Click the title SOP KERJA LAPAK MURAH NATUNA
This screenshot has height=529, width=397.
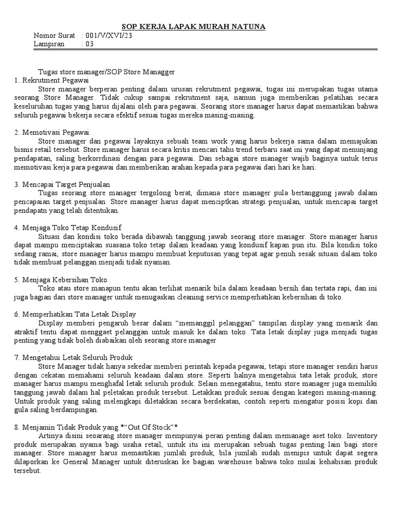193,26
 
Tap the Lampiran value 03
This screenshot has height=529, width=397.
89,44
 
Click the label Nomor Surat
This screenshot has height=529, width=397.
54,36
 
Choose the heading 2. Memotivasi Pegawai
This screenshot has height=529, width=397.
52,133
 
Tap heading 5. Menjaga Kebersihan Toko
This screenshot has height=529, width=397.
61,279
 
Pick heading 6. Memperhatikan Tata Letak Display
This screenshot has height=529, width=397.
75,314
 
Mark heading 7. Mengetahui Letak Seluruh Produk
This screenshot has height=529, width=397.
74,357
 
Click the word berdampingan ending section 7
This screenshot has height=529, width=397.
73,410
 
